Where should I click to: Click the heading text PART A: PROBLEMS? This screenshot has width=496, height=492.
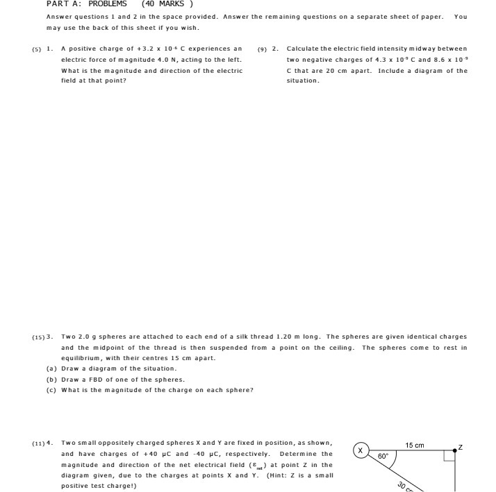tap(87, 3)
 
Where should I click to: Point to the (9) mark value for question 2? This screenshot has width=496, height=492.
tap(262, 49)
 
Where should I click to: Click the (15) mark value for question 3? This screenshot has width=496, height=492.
tap(38, 337)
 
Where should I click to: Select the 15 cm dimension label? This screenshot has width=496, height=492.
tap(415, 445)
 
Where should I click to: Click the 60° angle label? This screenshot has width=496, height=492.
tap(383, 457)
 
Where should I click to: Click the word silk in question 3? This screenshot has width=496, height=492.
tap(233, 337)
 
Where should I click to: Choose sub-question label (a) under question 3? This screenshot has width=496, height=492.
tap(51, 368)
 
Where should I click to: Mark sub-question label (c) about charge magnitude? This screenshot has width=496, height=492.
tap(51, 390)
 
